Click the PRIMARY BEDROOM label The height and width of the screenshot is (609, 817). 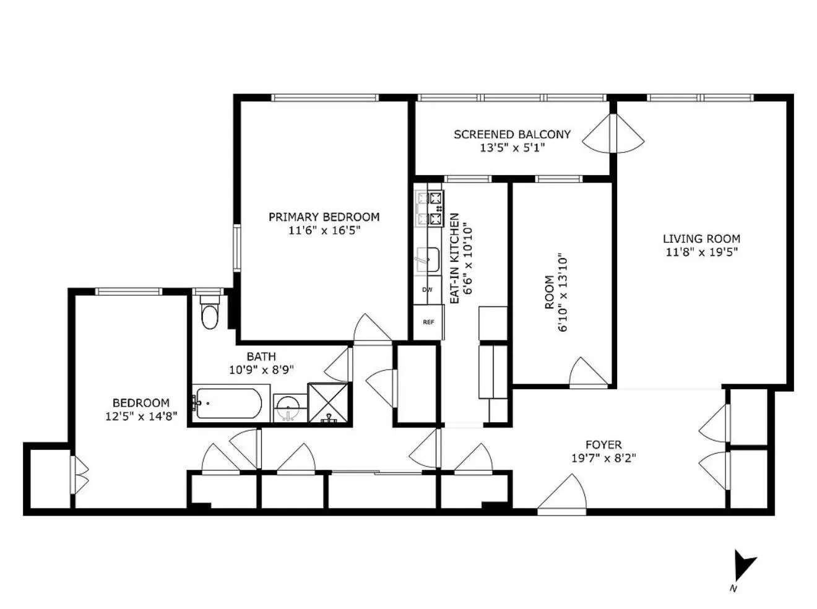tap(324, 217)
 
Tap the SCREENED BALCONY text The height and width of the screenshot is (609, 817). tap(512, 134)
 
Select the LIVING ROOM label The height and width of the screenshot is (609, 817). tap(701, 238)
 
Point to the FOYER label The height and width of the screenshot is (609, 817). tap(603, 444)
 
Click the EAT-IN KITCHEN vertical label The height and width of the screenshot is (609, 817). tap(454, 258)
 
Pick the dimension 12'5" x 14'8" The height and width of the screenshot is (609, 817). tap(141, 417)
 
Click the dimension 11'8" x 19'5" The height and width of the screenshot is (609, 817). tap(701, 252)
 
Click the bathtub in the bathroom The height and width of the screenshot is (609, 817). tap(227, 404)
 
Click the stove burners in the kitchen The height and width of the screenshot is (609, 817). tap(430, 208)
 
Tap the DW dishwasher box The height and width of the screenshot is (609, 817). tap(428, 290)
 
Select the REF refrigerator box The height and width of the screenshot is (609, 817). tap(428, 322)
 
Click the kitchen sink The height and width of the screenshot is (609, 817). tap(428, 259)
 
